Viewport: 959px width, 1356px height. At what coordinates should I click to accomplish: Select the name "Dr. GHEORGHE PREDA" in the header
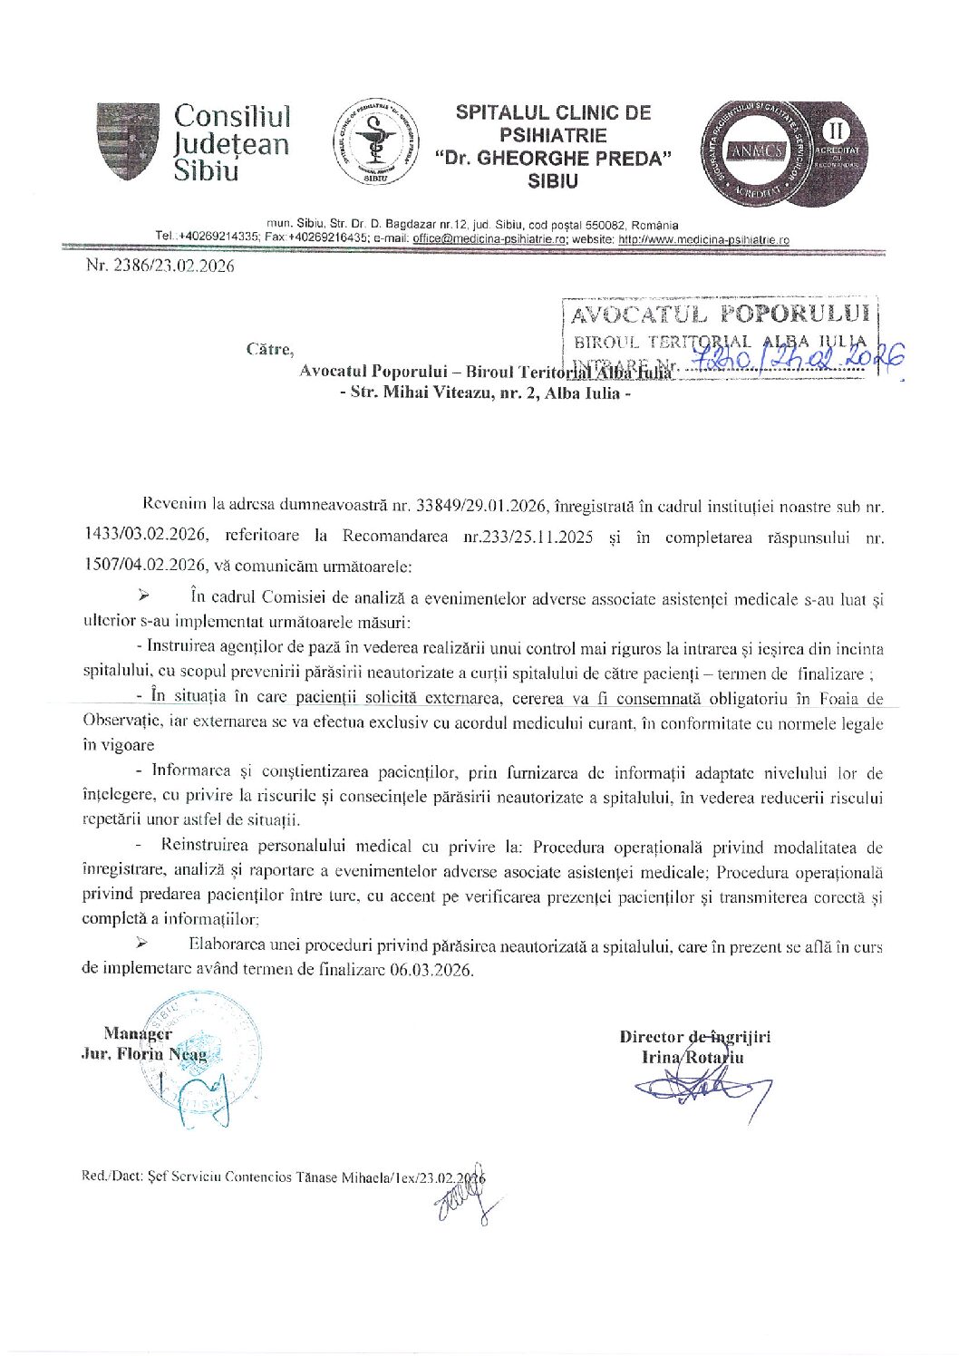click(553, 158)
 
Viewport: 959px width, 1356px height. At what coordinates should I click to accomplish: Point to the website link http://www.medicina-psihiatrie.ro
click(703, 239)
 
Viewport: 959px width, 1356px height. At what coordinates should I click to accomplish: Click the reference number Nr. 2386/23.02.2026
click(160, 266)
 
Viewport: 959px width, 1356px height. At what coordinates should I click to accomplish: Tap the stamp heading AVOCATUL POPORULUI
click(720, 314)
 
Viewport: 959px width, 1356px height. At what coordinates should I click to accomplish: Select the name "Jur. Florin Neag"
click(143, 1054)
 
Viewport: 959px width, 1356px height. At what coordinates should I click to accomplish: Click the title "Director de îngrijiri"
click(694, 1037)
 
